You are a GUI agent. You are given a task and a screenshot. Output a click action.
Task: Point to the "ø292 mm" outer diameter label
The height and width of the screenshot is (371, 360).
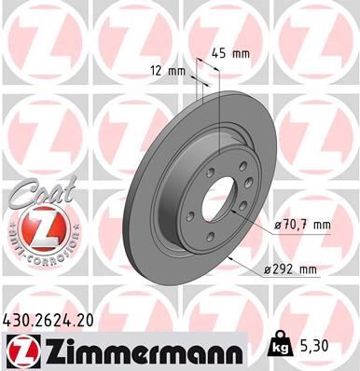pyautogui.click(x=291, y=269)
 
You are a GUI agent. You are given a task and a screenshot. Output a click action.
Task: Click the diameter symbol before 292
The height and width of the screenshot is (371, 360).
pyautogui.click(x=265, y=269)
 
